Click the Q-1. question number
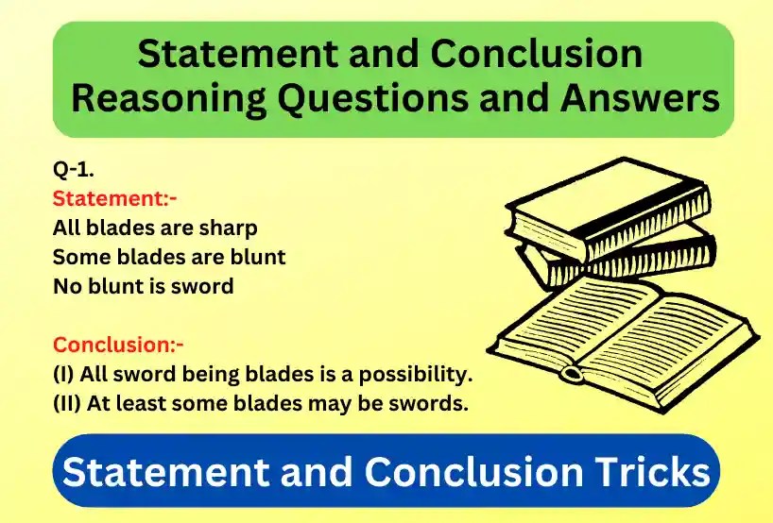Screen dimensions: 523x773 [x=73, y=170]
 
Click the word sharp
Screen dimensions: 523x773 [x=226, y=228]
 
